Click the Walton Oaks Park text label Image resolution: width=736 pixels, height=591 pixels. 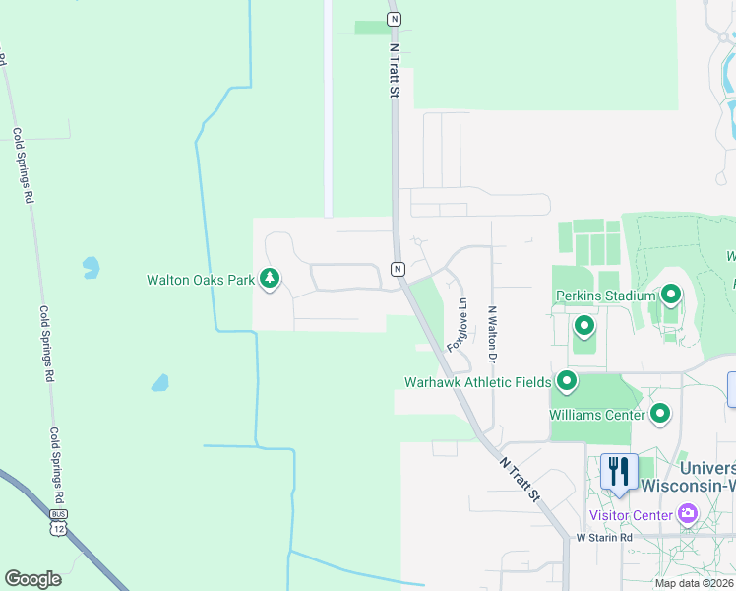point(201,280)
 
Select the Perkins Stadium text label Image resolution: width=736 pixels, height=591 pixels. point(605,295)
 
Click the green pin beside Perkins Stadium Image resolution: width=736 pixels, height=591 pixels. point(671,294)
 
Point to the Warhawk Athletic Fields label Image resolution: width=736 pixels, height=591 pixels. point(477,381)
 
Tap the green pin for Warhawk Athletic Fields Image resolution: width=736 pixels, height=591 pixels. point(566,380)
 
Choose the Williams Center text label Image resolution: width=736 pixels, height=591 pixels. point(597,415)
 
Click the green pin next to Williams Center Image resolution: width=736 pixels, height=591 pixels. point(660,414)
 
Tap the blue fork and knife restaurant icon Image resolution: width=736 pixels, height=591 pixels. point(619,470)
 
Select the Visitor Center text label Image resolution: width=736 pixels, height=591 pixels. point(631,514)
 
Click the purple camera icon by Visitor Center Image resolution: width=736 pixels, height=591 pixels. point(687,513)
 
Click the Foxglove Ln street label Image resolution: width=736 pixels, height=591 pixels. point(457,326)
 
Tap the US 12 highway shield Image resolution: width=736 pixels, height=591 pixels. point(60,530)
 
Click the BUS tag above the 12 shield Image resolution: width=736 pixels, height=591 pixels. point(60,514)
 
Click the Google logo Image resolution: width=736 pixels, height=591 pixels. point(32,579)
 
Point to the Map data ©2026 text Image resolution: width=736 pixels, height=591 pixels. point(694,583)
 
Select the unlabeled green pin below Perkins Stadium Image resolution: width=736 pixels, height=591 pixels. point(583,325)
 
